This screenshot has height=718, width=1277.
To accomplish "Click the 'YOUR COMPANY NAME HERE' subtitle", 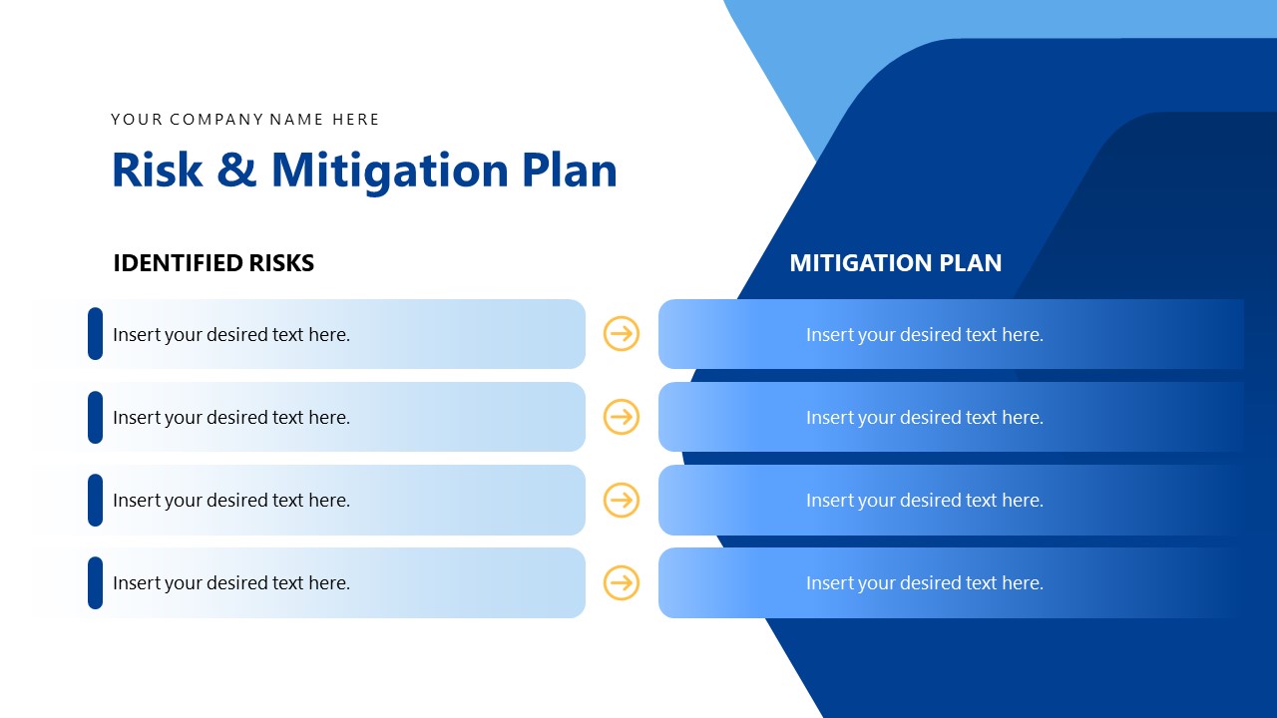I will coord(244,120).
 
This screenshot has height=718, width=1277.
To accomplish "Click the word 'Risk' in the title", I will coord(157,171).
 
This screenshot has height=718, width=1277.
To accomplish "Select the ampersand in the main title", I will coord(236,171).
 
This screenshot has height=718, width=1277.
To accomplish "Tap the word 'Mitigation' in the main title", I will coord(389,171).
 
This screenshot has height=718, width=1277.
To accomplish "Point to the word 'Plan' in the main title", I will coord(569,171).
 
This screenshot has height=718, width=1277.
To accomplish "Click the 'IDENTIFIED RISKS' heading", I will coord(213,263).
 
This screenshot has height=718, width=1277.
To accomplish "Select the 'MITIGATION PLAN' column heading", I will coord(895,263).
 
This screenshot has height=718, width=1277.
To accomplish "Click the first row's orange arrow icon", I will coord(622,334).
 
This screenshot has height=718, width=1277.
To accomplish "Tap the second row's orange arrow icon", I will coord(622,417).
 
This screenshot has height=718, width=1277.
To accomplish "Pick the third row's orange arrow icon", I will coord(622,500).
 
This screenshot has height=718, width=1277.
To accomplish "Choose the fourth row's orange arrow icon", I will coord(622,582).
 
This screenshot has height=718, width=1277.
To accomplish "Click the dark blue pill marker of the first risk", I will coord(95,334).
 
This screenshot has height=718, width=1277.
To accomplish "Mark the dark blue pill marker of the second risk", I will coord(95,417).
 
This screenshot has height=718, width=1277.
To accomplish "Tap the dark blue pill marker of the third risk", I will coord(95,500).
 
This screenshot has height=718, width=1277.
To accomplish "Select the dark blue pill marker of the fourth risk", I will coord(95,582).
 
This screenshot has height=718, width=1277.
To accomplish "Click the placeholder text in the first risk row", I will coord(231,335).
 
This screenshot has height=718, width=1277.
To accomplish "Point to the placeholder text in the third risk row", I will coord(231,501).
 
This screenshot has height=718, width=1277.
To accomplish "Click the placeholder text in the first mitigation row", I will coord(924,335).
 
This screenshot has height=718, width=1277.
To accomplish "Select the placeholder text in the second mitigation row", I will coord(924,418).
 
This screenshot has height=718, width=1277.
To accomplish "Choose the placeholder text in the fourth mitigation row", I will coord(924,583).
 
